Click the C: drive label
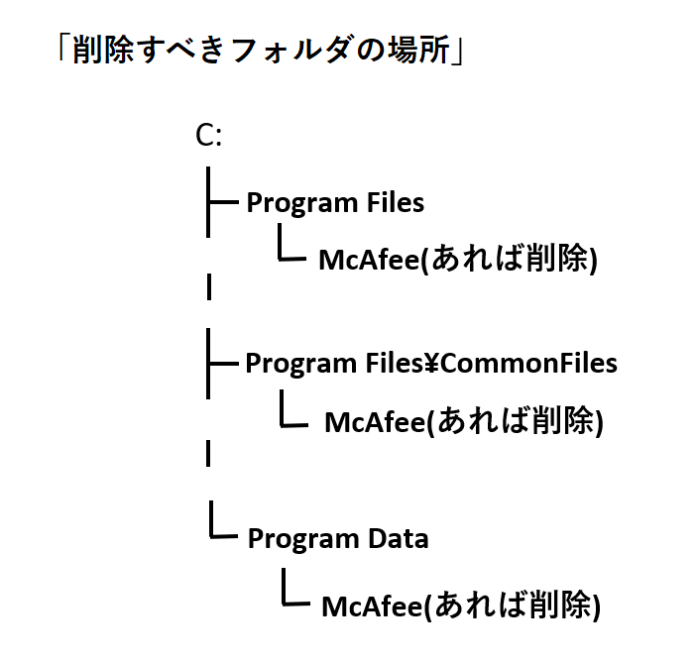pos(208,135)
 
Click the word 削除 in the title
pos(103,49)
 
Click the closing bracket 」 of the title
pos(457,53)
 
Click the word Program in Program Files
pos(302,203)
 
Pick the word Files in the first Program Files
pos(396,202)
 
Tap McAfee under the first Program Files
pos(369,259)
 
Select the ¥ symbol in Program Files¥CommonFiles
pos(430,363)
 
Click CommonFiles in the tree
pos(528,363)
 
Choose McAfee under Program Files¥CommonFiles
pos(375,421)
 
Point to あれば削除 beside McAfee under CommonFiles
pos(515,420)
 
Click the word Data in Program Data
pos(399,538)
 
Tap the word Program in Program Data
pos(303,540)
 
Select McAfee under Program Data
pos(372,607)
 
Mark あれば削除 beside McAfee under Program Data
pos(512,605)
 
